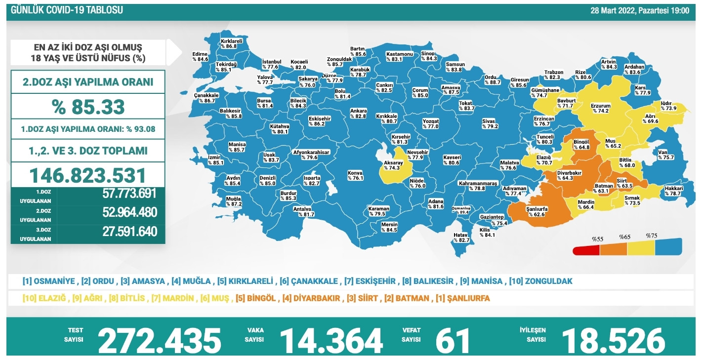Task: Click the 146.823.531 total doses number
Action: [88, 175]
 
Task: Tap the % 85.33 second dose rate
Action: [88, 106]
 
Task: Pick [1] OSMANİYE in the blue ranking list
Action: [49, 281]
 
